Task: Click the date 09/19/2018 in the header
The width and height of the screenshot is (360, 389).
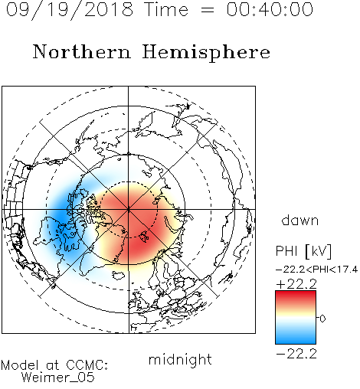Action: [70, 10]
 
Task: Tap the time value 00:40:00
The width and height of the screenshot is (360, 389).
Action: [270, 9]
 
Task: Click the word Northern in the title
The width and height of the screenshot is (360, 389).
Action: [82, 52]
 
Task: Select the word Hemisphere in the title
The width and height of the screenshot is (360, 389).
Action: [206, 52]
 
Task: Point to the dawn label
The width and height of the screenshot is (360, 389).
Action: [300, 221]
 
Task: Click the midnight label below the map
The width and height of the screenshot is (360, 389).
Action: [180, 360]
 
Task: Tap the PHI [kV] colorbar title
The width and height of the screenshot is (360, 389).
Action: [303, 251]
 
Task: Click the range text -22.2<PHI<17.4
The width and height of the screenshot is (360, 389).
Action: [316, 270]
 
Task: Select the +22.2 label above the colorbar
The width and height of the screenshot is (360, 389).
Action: [296, 284]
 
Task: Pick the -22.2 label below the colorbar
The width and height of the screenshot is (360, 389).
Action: [296, 354]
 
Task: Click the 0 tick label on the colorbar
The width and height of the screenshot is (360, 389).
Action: [322, 319]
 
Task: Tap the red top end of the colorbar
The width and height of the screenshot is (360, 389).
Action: [296, 293]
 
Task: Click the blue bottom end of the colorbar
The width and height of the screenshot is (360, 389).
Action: [296, 341]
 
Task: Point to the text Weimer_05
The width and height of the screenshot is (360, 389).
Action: [58, 378]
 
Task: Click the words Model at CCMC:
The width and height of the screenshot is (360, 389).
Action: [54, 365]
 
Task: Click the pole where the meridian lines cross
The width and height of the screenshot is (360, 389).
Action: [129, 210]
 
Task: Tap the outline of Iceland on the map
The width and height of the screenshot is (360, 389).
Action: [118, 275]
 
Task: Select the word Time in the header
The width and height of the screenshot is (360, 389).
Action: [166, 10]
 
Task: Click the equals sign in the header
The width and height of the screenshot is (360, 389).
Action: [208, 10]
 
